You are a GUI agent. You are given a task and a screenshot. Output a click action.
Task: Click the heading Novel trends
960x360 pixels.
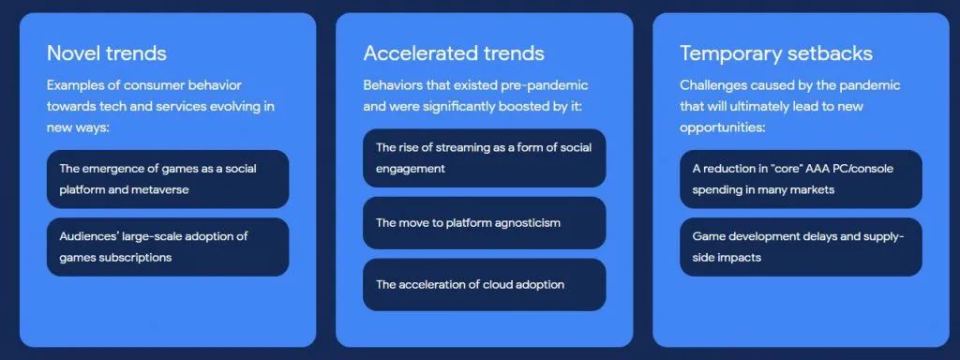pos(107,53)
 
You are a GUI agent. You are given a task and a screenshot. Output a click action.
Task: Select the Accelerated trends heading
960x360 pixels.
pos(454,53)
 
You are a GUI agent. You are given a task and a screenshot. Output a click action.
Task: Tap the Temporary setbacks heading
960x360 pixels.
pos(775,53)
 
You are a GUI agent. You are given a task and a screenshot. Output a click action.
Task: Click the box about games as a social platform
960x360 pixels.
pos(168,179)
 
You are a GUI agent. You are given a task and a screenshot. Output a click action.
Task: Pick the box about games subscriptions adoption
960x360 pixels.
pos(168,247)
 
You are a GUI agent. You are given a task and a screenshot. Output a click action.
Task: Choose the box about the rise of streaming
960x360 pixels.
pos(485,157)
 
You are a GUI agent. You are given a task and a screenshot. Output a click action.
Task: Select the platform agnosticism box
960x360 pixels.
pos(485,223)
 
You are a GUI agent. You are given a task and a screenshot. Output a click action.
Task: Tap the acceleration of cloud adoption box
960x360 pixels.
pos(485,285)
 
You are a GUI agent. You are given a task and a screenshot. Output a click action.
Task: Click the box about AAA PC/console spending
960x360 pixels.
pos(801,179)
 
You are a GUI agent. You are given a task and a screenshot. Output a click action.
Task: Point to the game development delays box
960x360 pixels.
pos(801,247)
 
